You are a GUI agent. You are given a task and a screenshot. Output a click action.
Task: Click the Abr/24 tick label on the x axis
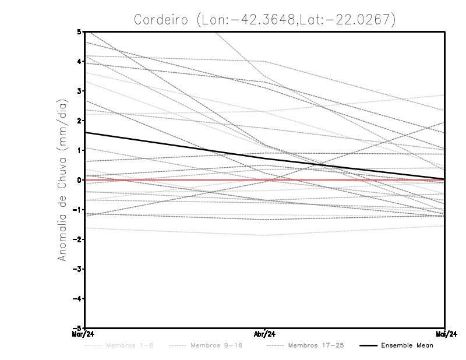tap(265, 333)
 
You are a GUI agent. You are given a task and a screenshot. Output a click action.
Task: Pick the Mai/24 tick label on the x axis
tap(446, 333)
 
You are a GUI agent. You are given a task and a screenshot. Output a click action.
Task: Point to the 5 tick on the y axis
tap(79, 31)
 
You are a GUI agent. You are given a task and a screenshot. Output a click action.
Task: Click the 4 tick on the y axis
tap(79, 61)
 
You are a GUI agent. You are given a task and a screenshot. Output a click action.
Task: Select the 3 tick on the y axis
tap(79, 91)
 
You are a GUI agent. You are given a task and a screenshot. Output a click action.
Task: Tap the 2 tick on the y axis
tap(79, 121)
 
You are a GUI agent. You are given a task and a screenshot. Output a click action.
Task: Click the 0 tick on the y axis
tap(79, 180)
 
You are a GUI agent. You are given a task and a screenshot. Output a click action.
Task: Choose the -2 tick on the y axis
tap(77, 239)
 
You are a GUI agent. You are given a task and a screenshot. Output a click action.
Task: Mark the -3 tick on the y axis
tap(77, 269)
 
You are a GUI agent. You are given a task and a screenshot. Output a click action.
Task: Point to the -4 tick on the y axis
tap(77, 298)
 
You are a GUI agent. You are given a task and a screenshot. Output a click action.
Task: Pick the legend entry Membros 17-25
tap(316, 345)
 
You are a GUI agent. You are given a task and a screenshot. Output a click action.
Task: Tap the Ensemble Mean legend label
tap(407, 345)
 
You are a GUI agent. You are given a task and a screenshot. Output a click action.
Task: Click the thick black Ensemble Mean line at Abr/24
tap(265, 158)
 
